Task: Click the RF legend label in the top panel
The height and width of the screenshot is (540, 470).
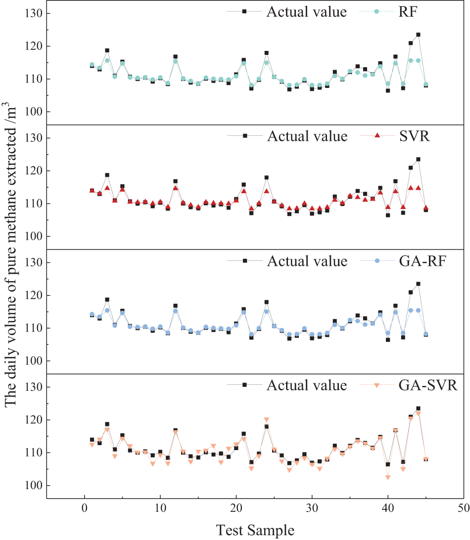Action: pos(408,12)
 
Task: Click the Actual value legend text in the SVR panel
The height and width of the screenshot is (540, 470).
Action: pos(307,136)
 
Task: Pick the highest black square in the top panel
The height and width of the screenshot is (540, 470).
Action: pos(418,35)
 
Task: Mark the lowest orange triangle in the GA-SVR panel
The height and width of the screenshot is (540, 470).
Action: pos(388,477)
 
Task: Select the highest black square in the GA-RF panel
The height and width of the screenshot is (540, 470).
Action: pos(418,284)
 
